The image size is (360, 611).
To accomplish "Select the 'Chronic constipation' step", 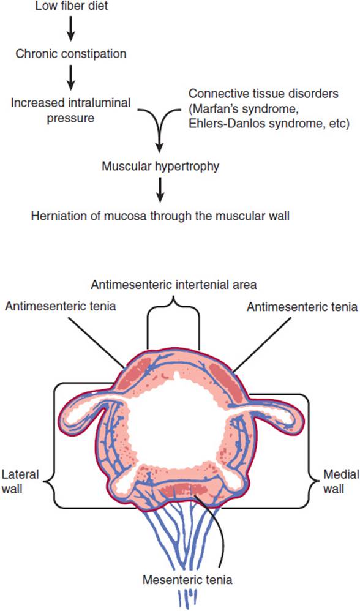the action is (70, 53).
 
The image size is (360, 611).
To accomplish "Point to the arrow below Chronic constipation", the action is (70, 77).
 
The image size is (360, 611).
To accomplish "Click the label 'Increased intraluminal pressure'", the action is (70, 110).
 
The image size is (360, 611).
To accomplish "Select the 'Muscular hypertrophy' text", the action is (160, 167).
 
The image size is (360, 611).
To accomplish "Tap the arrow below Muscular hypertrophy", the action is (160, 190).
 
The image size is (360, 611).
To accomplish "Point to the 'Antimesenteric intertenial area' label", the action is (174, 285).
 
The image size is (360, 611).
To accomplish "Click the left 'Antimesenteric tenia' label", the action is (60, 306).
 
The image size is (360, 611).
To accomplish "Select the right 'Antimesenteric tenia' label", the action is (302, 307).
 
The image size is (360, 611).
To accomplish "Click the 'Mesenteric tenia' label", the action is (187, 579).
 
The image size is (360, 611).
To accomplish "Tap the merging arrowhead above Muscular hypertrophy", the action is (160, 148).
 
